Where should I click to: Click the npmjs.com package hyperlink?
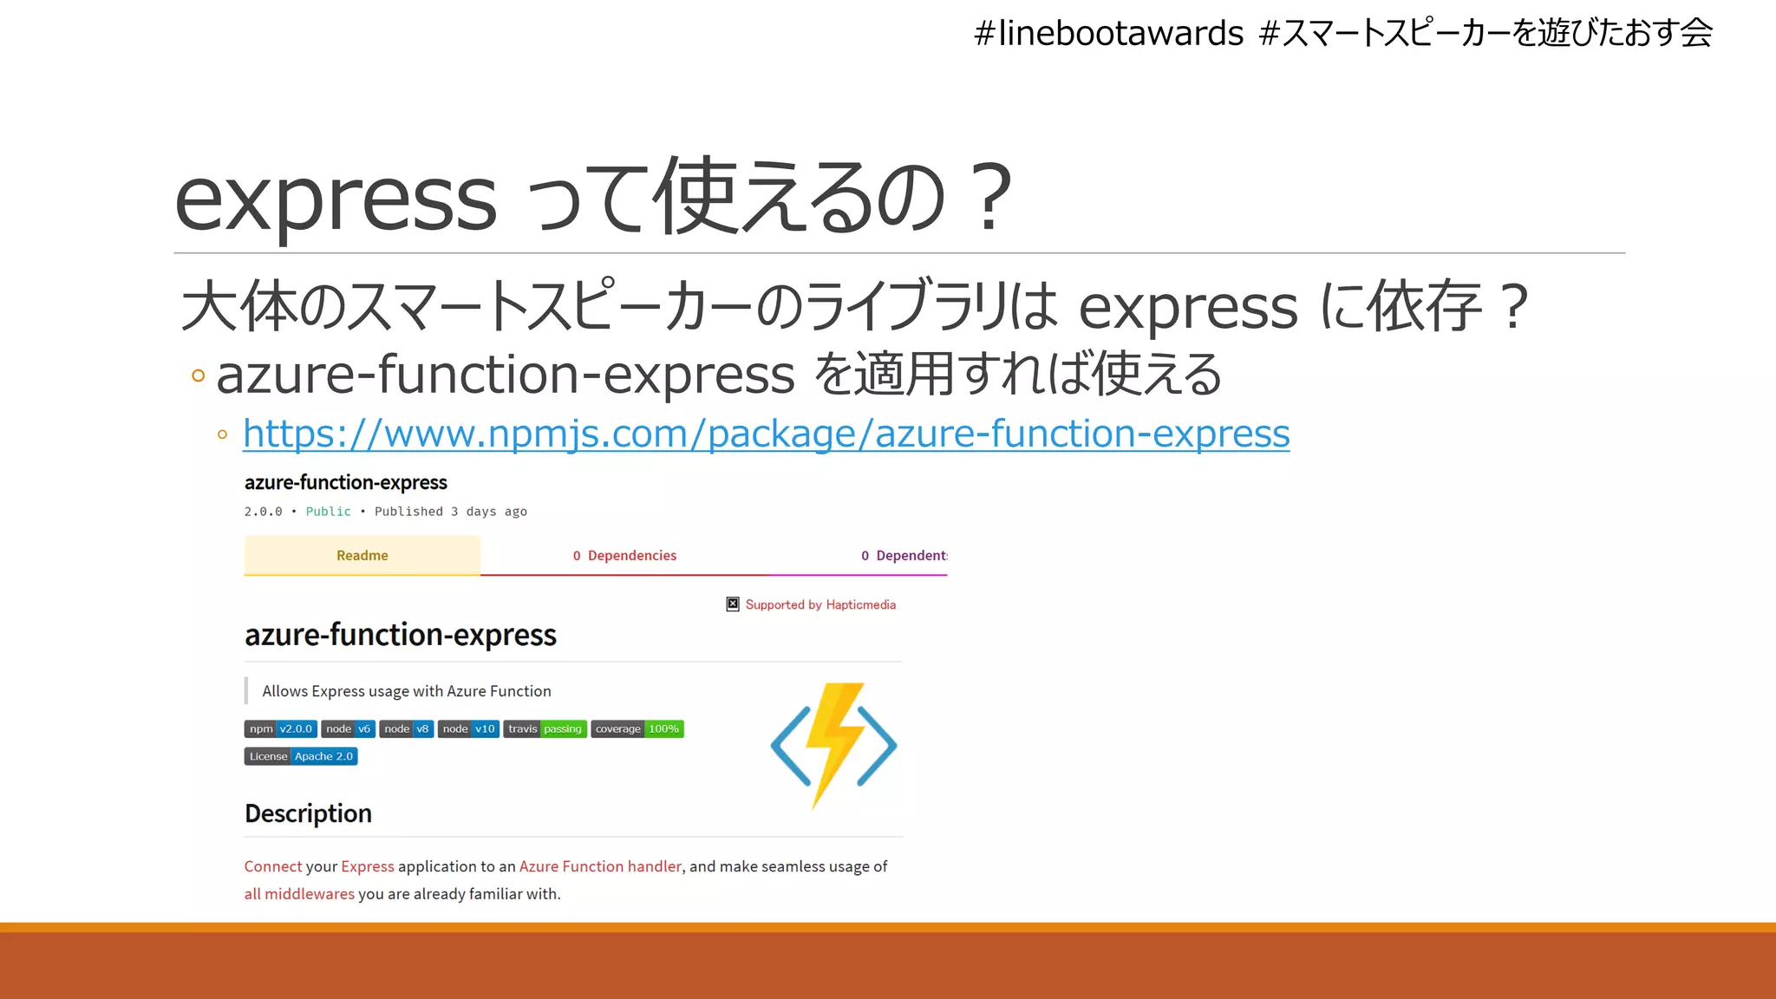click(766, 434)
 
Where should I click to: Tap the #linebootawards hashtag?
click(1108, 34)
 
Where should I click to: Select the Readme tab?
click(362, 555)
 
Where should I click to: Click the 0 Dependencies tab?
click(624, 555)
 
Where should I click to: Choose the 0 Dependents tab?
click(903, 555)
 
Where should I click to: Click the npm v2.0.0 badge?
click(280, 729)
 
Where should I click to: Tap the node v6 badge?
click(348, 729)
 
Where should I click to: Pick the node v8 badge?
click(406, 729)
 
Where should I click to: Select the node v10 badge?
click(468, 729)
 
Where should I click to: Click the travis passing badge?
click(545, 729)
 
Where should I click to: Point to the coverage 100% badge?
click(637, 729)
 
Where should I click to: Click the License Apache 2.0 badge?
click(301, 757)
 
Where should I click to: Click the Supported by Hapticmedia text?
click(819, 604)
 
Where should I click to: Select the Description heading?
click(308, 813)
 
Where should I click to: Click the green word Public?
click(328, 512)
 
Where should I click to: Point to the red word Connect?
click(272, 866)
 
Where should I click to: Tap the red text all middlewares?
click(298, 894)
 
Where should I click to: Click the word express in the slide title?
click(336, 199)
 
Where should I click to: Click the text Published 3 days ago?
click(450, 512)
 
